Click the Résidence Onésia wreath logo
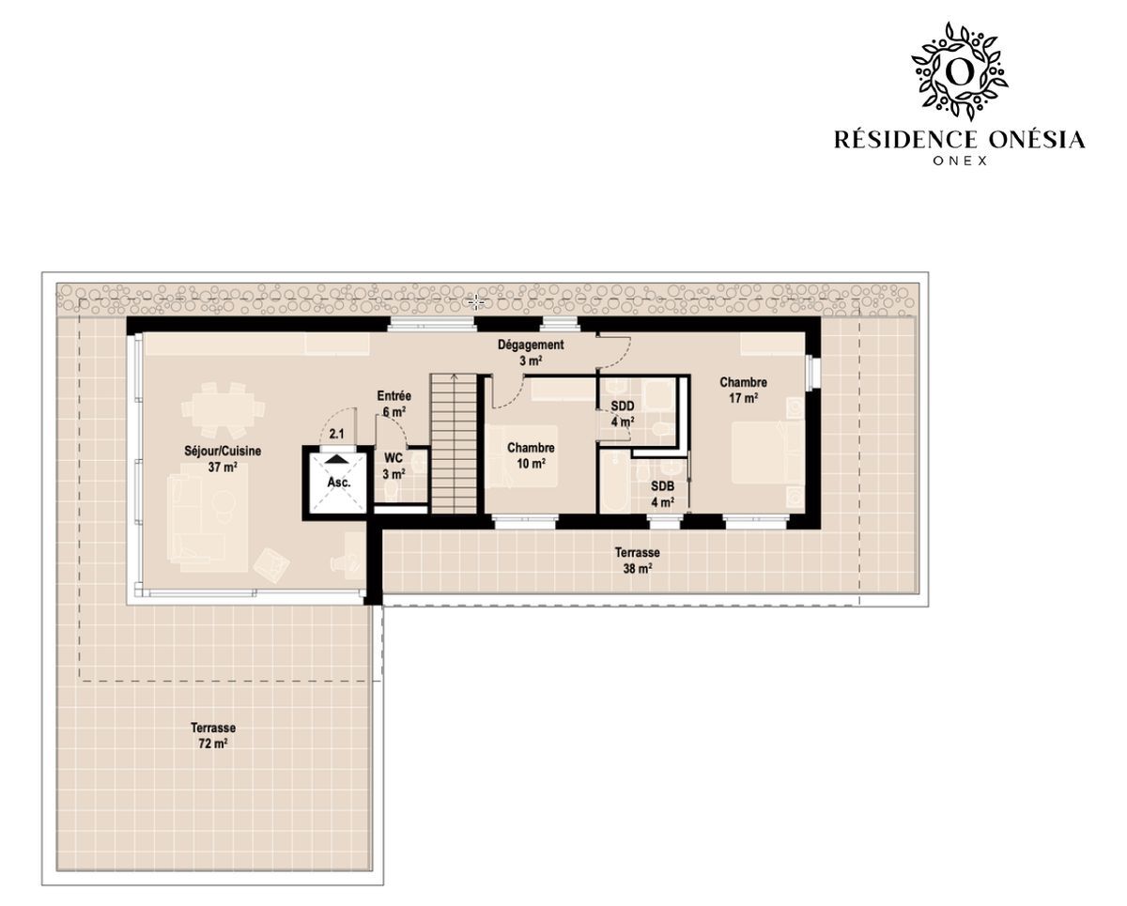click(960, 71)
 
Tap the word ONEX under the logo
click(960, 161)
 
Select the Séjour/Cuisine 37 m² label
click(223, 459)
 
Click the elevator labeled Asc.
click(338, 483)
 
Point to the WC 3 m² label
click(394, 466)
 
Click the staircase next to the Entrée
click(454, 444)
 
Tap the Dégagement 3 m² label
click(531, 352)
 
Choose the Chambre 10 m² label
click(531, 455)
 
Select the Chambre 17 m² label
click(743, 391)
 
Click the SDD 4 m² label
click(623, 413)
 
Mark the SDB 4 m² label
click(662, 494)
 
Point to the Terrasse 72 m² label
click(212, 735)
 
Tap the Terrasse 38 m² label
click(638, 560)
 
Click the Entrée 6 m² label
click(394, 404)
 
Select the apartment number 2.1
click(337, 434)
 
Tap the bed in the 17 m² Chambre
click(761, 453)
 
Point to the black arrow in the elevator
click(337, 459)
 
